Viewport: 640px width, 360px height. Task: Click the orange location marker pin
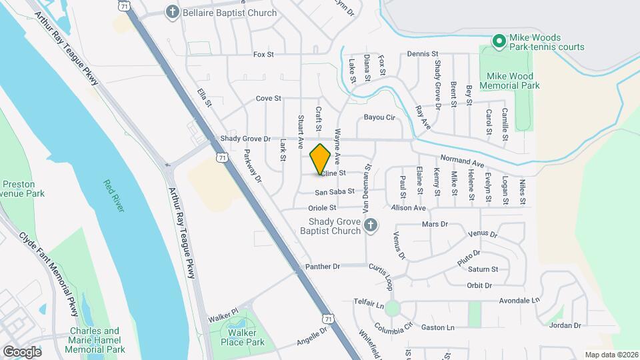coord(321,159)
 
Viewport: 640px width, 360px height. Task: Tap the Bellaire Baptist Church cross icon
coord(173,12)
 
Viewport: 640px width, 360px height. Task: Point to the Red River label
coord(114,195)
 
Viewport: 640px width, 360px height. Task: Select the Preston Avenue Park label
coord(22,188)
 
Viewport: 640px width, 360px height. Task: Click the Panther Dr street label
coord(323,267)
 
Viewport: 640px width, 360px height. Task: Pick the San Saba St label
coord(335,192)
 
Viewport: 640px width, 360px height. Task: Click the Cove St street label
coord(269,99)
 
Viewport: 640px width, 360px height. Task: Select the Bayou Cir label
coord(379,117)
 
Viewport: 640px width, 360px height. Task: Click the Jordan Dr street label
coord(566,326)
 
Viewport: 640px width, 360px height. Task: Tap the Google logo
coord(22,351)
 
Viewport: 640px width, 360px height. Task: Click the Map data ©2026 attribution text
coord(611,355)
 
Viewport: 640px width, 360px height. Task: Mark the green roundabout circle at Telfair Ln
coord(392,308)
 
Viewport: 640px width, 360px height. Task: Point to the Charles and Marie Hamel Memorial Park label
coord(97,340)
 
